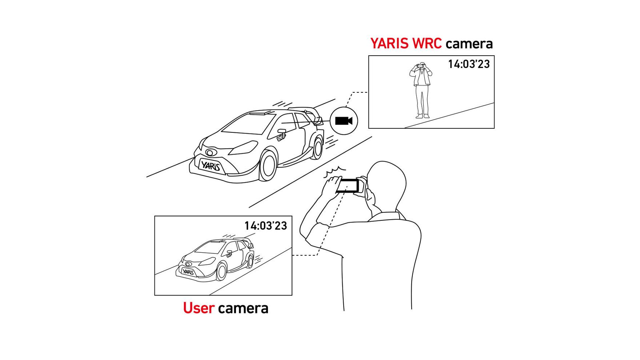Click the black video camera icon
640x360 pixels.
(x=344, y=121)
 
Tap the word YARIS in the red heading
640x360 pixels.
(x=389, y=43)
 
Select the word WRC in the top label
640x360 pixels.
(x=427, y=43)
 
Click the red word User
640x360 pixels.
(x=199, y=308)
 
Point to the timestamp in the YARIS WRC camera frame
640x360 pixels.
(x=469, y=64)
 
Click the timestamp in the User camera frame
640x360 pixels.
(x=265, y=225)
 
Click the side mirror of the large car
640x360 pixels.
(x=281, y=133)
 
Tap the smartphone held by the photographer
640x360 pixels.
(x=347, y=186)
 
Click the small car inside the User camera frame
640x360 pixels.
(x=215, y=259)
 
